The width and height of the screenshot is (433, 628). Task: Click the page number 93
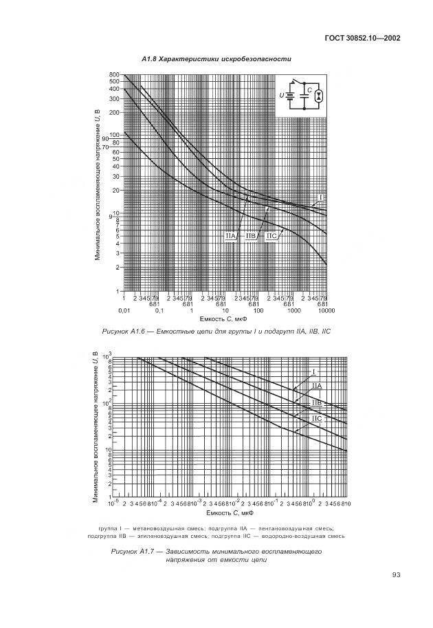point(396,575)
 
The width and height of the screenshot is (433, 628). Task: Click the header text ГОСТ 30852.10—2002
point(364,38)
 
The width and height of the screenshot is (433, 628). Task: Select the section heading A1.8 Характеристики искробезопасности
point(216,59)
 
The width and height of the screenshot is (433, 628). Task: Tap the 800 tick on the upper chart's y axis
point(113,74)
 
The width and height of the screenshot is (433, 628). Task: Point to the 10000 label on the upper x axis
point(326,311)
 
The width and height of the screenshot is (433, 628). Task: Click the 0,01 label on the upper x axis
point(124,311)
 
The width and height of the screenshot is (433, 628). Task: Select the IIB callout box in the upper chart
point(251,236)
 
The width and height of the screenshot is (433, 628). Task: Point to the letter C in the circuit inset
point(309,89)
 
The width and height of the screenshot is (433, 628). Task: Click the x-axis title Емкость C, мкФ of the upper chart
point(224,319)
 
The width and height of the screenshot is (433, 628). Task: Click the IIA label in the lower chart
point(317,385)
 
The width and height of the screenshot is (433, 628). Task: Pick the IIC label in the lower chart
point(317,418)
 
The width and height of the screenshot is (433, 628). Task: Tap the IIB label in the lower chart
point(317,402)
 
